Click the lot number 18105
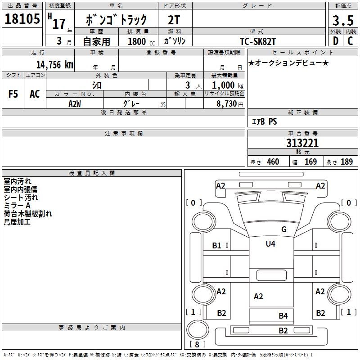pos(22,19)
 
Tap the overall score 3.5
pos(342,20)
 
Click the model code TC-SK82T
pos(258,41)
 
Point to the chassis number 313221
pos(302,143)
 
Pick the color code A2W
pos(75,103)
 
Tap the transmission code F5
pos(13,94)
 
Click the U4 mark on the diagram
pos(270,244)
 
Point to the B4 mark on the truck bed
pos(283,316)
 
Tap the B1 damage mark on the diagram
pos(217,246)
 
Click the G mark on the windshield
pos(284,229)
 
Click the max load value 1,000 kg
pos(224,85)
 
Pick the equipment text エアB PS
pos(264,121)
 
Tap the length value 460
pos(273,162)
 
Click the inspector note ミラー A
pos(17,206)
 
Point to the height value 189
pos(346,162)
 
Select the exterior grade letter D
pos(335,41)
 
